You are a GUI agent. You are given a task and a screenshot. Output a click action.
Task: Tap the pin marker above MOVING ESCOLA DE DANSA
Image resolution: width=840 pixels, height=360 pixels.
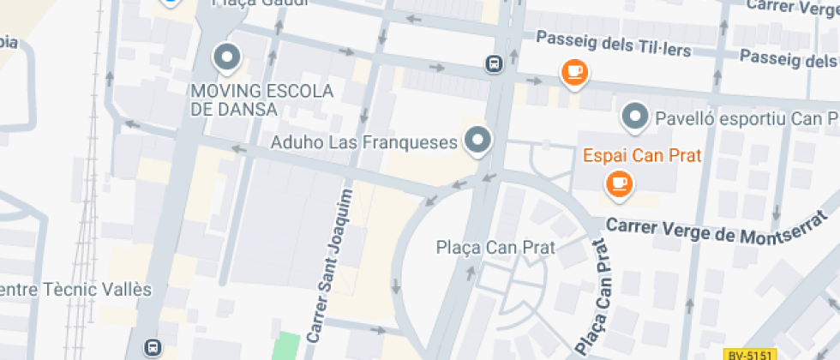tap(227, 57)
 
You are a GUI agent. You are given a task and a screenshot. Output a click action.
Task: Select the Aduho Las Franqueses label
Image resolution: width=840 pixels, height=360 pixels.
tap(363, 142)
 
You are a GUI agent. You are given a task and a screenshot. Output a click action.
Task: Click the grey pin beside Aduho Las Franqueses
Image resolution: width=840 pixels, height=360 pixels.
tap(478, 140)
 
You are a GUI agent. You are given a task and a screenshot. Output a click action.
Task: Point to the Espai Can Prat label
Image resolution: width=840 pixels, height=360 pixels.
tap(642, 156)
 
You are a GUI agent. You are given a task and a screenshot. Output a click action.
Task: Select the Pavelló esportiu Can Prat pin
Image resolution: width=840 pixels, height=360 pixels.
tap(635, 116)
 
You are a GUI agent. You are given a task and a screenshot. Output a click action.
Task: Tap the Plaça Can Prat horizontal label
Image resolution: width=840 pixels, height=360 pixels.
tap(495, 248)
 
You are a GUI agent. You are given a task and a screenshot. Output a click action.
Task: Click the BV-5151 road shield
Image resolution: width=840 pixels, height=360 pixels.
tap(749, 354)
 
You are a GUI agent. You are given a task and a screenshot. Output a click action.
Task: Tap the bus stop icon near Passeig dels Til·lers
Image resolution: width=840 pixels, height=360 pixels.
tap(495, 64)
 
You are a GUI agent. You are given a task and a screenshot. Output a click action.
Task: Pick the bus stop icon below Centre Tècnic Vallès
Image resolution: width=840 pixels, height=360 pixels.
tap(153, 347)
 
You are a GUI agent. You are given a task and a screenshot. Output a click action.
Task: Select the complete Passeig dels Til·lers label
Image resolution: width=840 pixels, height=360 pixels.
tap(614, 44)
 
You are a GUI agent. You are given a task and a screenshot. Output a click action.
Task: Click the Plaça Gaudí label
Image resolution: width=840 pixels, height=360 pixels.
tap(250, 3)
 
